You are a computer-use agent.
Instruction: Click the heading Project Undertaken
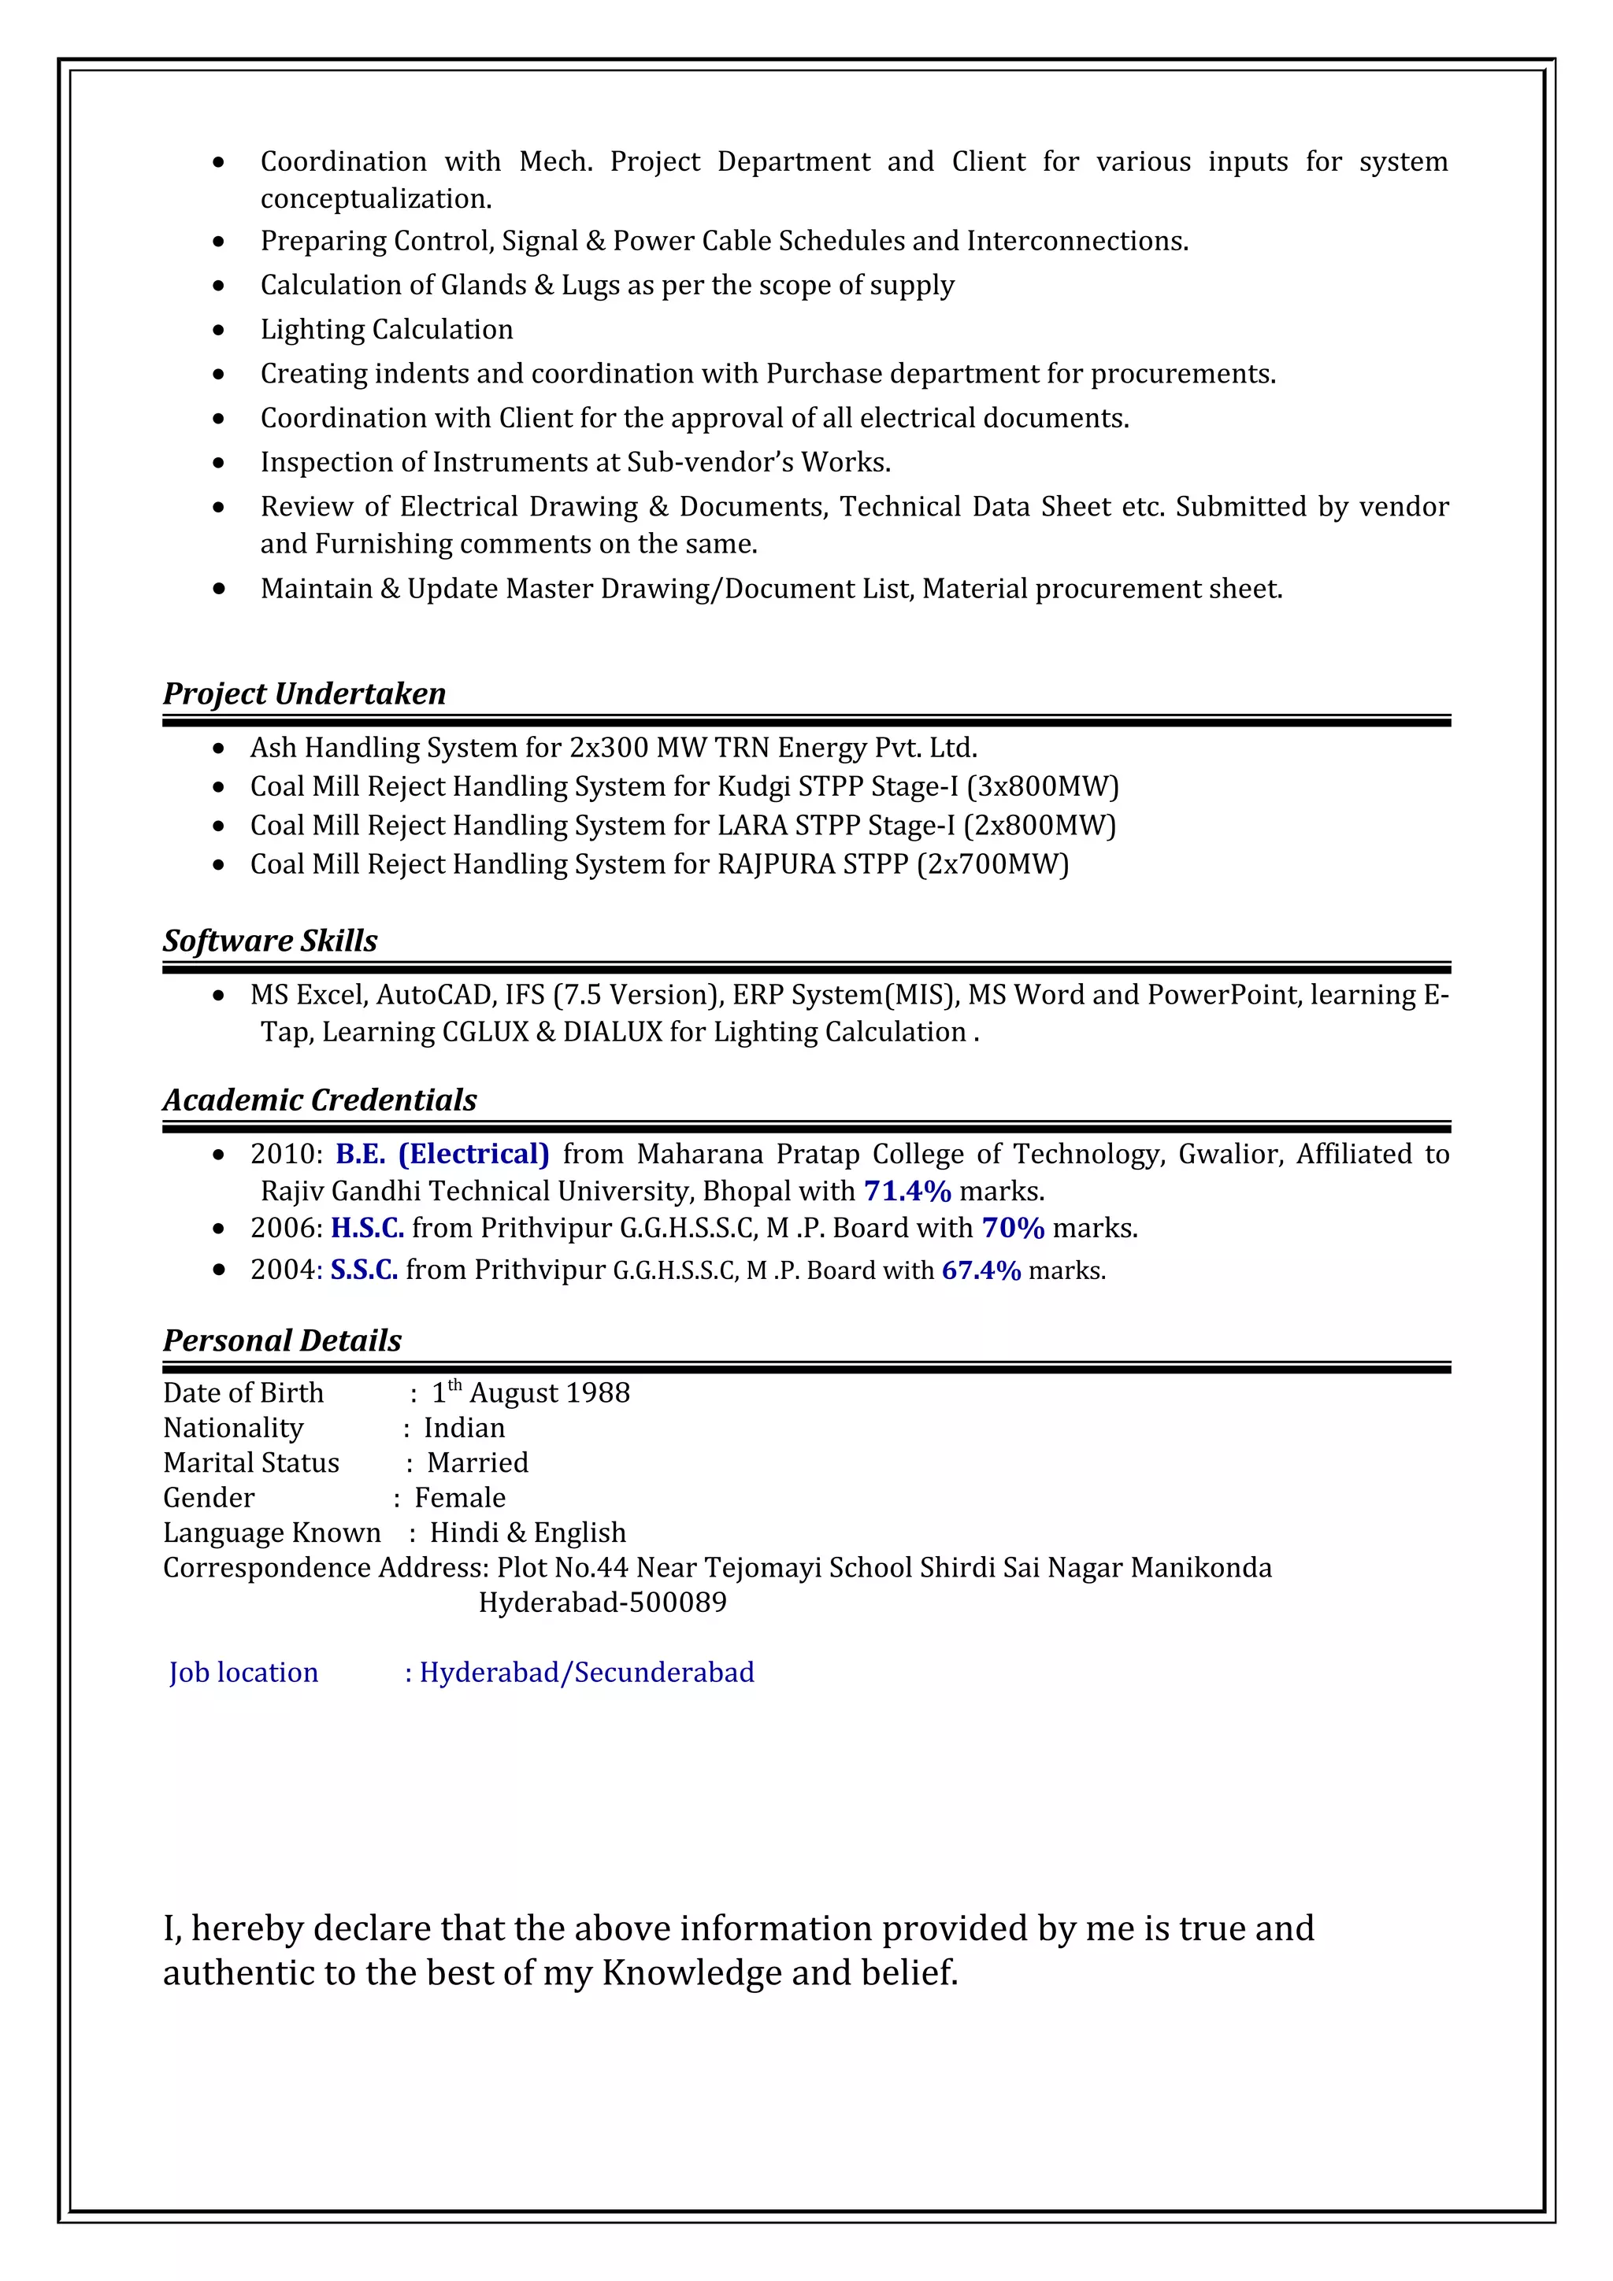point(304,693)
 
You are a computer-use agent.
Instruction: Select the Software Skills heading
point(270,940)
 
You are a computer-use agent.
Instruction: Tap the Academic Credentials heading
point(320,1100)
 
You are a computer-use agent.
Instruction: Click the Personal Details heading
point(282,1340)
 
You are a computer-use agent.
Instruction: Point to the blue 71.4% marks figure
point(907,1190)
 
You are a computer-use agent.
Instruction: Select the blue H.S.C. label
point(368,1228)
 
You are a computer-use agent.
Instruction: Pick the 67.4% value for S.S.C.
point(981,1270)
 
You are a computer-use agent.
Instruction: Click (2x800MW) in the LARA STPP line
point(1040,826)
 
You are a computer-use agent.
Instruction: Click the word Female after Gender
point(459,1497)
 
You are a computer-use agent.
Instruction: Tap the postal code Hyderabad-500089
point(603,1603)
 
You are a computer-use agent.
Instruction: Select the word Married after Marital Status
point(477,1462)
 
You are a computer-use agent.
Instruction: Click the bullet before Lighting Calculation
point(219,330)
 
